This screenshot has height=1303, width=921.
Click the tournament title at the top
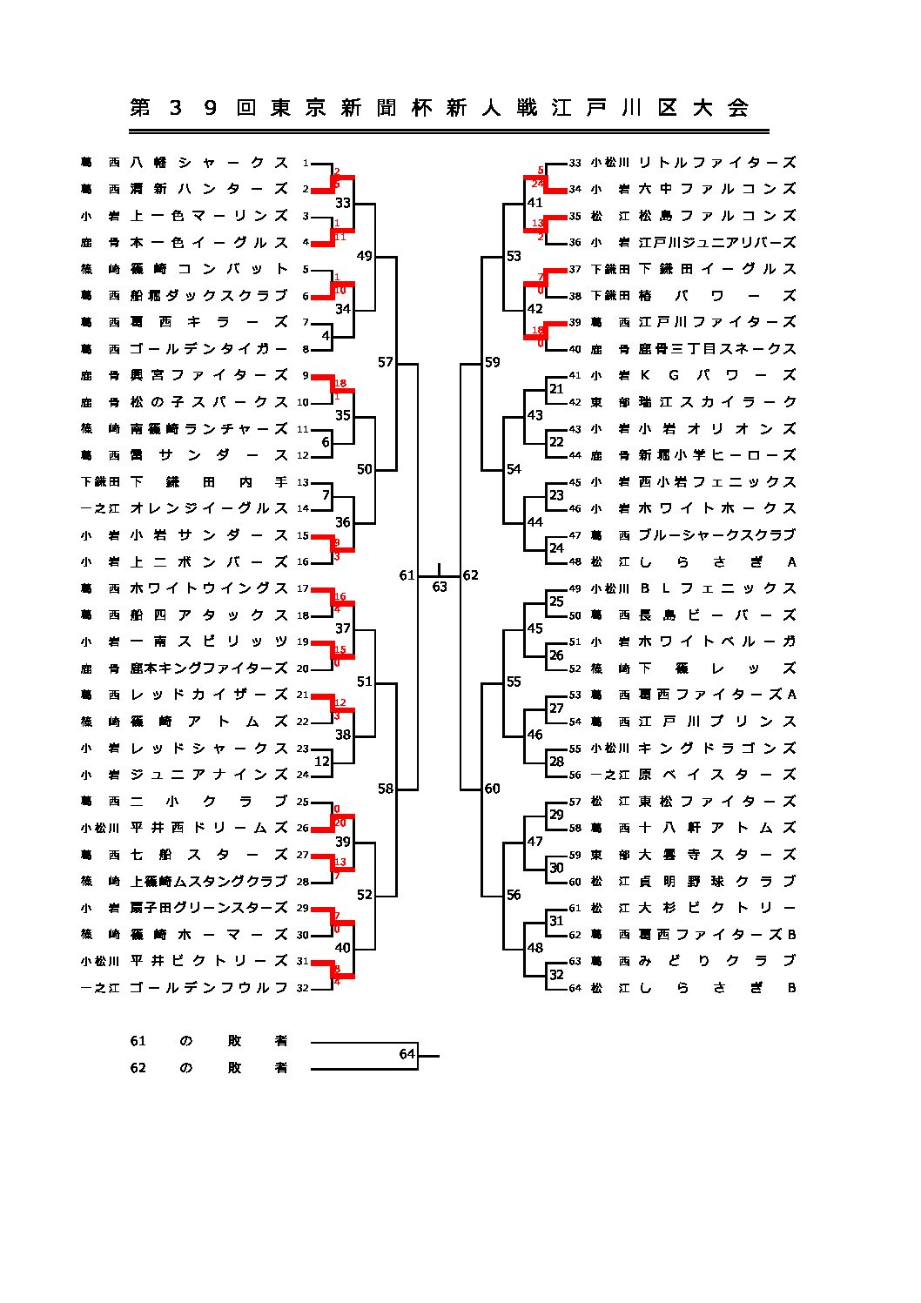point(440,108)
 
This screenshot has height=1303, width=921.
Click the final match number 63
point(440,587)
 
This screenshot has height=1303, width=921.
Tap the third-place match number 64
point(407,1054)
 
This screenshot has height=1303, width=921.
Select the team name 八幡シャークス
point(209,163)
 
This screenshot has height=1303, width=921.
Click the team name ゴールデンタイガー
point(209,349)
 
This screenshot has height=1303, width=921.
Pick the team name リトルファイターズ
point(716,163)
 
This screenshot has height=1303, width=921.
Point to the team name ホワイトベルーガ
point(716,641)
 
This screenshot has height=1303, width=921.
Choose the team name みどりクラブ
point(716,961)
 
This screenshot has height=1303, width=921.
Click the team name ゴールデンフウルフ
point(209,988)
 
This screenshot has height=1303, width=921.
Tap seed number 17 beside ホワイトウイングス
point(303,588)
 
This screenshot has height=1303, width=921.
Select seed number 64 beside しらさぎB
point(575,989)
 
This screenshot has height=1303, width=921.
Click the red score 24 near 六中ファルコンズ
point(537,184)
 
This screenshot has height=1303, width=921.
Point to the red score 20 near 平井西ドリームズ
point(340,823)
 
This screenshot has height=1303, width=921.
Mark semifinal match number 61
point(407,575)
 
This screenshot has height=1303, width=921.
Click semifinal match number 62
point(471,575)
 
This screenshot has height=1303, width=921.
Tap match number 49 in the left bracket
point(364,256)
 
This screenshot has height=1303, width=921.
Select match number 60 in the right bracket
point(493,789)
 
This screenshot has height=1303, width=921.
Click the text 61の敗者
point(209,1041)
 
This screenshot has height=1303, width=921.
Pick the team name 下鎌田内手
point(209,482)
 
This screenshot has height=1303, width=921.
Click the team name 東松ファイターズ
point(716,802)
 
